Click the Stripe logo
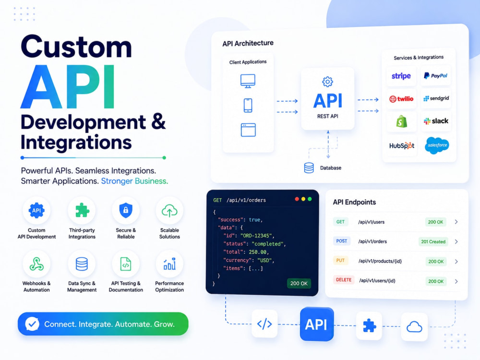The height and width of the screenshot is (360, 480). (x=401, y=76)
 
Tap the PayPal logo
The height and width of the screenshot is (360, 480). (x=435, y=76)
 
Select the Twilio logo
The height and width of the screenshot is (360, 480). (x=401, y=99)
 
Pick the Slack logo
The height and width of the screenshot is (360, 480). (x=436, y=121)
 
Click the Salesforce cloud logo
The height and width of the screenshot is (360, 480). (x=437, y=145)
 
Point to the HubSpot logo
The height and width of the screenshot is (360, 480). (x=402, y=146)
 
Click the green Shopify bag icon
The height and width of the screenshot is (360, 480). (x=401, y=121)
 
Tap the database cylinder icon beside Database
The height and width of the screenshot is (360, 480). (x=309, y=168)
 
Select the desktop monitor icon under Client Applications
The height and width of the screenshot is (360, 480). (x=248, y=81)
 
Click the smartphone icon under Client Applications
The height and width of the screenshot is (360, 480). (x=248, y=105)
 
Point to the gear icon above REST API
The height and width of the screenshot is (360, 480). (x=327, y=82)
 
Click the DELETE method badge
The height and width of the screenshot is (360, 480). (x=344, y=280)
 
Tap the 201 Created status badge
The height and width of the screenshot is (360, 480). (x=433, y=242)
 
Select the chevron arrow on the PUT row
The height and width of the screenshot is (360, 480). (x=456, y=262)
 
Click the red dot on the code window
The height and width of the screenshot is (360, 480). (x=297, y=199)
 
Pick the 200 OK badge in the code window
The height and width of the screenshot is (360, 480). (x=299, y=284)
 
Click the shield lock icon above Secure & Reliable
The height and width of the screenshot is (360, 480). (x=126, y=210)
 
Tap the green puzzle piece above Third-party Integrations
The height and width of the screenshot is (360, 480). (x=82, y=210)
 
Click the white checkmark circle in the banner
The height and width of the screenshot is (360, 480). (x=32, y=324)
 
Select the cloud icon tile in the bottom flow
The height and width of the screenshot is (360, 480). (x=414, y=327)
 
